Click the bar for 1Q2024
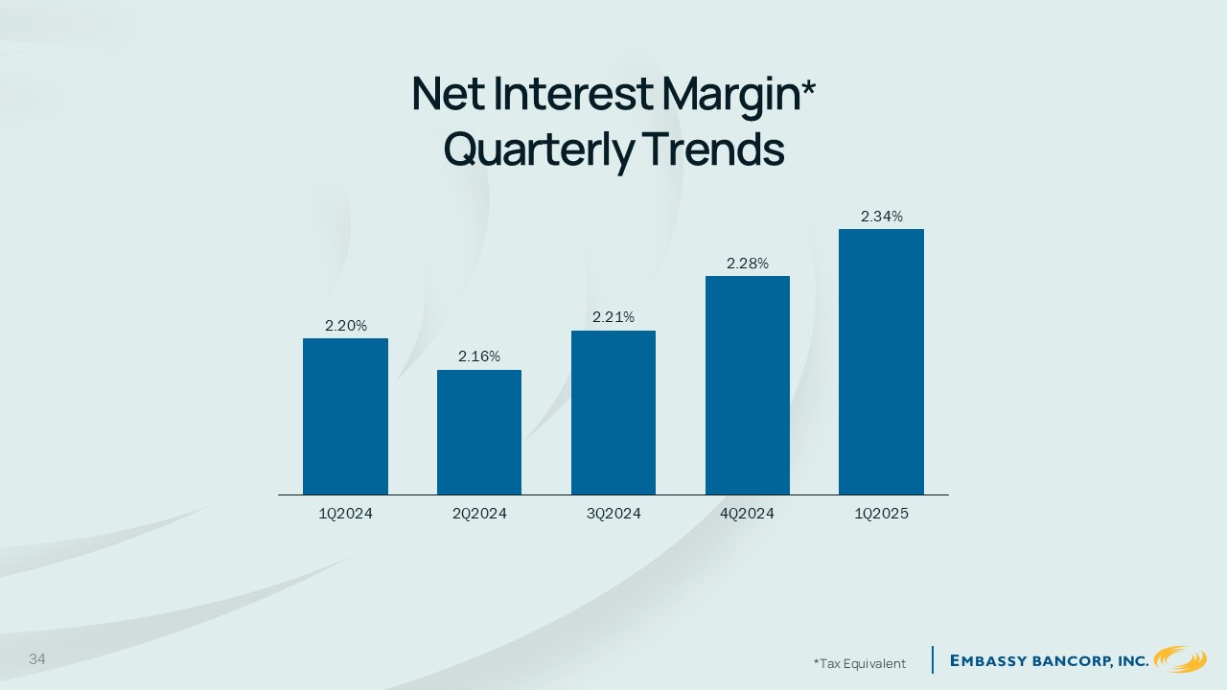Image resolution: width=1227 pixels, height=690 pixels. tap(346, 416)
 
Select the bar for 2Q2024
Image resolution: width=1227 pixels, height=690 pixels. tap(479, 432)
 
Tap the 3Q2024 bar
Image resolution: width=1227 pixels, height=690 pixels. tap(613, 412)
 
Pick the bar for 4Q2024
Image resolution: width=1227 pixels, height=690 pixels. tap(748, 385)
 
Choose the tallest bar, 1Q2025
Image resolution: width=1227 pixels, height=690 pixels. tap(881, 361)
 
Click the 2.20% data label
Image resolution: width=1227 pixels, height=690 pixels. tap(346, 326)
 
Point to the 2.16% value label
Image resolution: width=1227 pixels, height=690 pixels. tap(479, 356)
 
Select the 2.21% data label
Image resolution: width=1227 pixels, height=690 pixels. tap(613, 317)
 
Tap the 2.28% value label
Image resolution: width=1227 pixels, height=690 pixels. tap(748, 264)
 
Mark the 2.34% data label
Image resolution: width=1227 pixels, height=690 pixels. tap(881, 217)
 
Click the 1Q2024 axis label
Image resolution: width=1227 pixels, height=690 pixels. tap(346, 514)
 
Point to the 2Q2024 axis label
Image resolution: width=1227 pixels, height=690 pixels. tap(479, 514)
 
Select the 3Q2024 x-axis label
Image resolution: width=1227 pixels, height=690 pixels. tap(613, 514)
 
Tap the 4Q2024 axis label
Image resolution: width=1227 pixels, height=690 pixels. tap(748, 514)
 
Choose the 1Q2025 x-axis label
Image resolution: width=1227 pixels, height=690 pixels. tap(881, 514)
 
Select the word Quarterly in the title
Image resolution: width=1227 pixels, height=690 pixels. tap(539, 151)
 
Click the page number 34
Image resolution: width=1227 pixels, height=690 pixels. tap(37, 658)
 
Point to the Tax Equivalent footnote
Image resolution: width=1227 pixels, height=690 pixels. tap(860, 664)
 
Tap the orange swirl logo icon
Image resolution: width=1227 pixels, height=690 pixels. tap(1180, 659)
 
